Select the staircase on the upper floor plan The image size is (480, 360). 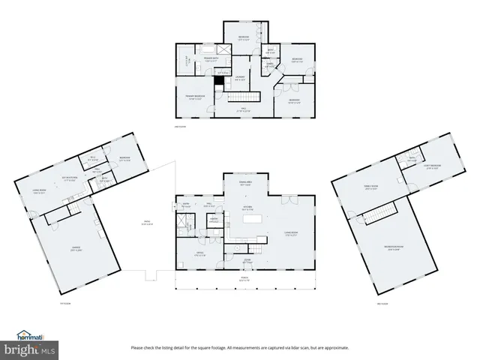(x=241, y=97)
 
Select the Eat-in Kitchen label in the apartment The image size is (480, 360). (x=71, y=178)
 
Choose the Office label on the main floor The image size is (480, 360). (x=200, y=253)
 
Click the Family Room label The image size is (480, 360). (x=370, y=188)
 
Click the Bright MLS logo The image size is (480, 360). (x=29, y=350)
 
